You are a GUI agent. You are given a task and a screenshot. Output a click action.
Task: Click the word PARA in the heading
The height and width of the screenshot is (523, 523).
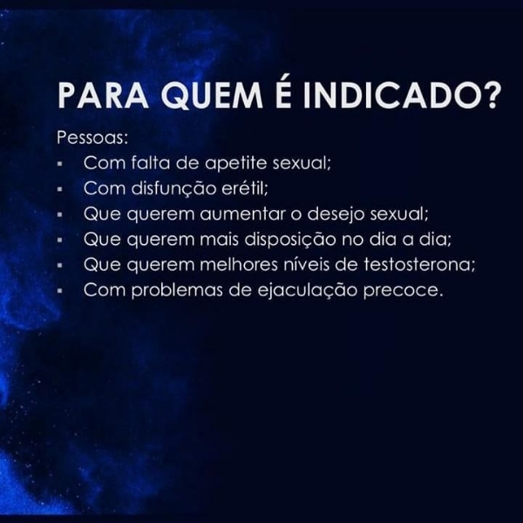pyautogui.click(x=93, y=95)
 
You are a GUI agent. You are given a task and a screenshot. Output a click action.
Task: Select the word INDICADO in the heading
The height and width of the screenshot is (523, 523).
pyautogui.click(x=384, y=95)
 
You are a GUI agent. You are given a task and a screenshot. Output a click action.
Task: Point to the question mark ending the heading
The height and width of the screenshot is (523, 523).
pyautogui.click(x=492, y=95)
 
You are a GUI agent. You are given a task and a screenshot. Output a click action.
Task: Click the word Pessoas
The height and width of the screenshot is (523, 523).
pyautogui.click(x=92, y=138)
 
